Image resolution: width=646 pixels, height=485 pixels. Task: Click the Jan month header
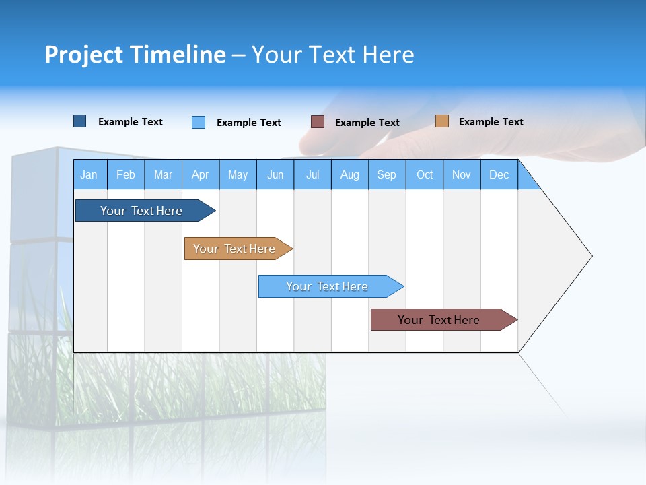pos(89,174)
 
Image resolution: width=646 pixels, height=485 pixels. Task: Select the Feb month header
pos(126,174)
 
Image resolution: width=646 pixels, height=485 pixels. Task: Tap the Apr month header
pos(200,174)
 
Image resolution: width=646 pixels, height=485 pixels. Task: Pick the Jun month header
pos(275,174)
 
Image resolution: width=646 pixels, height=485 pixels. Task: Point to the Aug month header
pos(350,174)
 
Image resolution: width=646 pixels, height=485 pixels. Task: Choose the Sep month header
pos(387,174)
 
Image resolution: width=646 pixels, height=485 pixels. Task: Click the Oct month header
pos(425,174)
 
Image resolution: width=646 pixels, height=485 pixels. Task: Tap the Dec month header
pos(499,174)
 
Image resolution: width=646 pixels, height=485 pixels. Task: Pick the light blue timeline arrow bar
pos(328,286)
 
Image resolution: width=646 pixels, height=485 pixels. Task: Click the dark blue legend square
pos(79,121)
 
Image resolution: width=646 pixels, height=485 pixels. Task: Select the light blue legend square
pos(199,122)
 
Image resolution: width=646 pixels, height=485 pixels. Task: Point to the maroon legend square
pos(318,121)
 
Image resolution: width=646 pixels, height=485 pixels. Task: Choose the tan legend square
pos(441,121)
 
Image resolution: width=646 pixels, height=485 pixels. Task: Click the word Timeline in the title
pos(178,55)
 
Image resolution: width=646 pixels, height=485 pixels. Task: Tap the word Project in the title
pos(83,55)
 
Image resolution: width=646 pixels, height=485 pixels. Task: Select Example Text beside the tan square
pos(491,122)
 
